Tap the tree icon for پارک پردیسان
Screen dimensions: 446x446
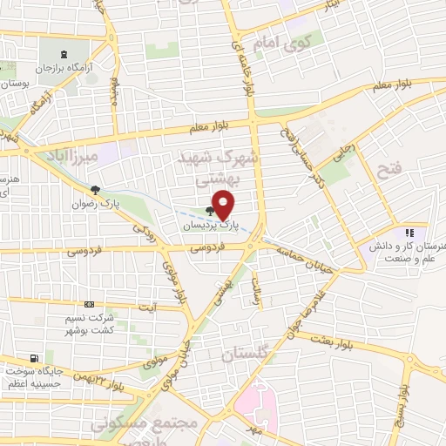[209, 210]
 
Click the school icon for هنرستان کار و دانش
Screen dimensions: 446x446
[408, 233]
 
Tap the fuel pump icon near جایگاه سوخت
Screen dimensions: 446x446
[34, 358]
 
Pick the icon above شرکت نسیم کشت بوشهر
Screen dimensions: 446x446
[89, 304]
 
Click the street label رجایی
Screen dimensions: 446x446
[341, 155]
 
